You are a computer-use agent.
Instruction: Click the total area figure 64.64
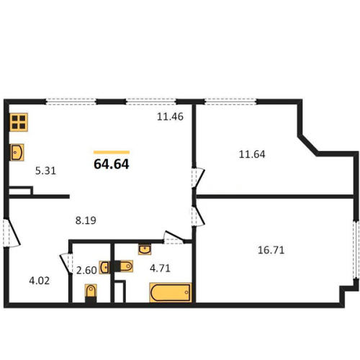(x=112, y=164)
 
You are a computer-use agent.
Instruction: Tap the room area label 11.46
(x=170, y=117)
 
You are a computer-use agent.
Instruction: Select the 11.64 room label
(x=252, y=154)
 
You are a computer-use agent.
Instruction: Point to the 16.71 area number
(x=271, y=250)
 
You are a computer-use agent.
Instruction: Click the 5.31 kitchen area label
(x=45, y=171)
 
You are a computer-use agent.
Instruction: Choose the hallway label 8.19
(x=86, y=220)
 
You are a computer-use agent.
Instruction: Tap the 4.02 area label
(x=40, y=281)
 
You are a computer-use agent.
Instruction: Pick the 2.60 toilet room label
(x=86, y=270)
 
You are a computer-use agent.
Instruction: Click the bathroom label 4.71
(x=160, y=268)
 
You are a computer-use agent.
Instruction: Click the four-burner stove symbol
(x=19, y=122)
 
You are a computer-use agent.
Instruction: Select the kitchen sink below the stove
(x=17, y=152)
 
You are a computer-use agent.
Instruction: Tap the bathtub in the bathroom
(x=171, y=292)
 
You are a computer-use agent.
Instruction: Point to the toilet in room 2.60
(x=91, y=293)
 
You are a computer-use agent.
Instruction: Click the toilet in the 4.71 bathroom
(x=124, y=266)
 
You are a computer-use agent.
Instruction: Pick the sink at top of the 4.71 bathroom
(x=145, y=250)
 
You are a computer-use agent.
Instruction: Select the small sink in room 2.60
(x=104, y=267)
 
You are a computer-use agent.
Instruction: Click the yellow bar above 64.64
(x=112, y=152)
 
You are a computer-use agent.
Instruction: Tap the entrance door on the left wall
(x=11, y=233)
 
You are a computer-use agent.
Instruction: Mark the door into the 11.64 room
(x=197, y=178)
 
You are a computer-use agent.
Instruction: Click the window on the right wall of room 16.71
(x=356, y=250)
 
